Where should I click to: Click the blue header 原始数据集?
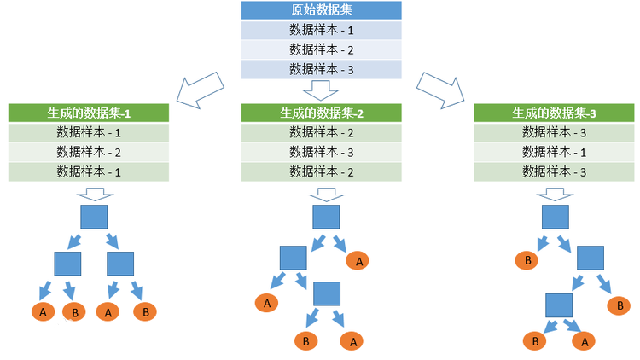click(321, 11)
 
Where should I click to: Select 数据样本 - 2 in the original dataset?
click(321, 49)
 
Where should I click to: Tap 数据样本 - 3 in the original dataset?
click(321, 69)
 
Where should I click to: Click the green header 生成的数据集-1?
click(89, 113)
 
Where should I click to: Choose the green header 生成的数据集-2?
click(321, 113)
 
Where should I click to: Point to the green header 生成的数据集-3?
click(554, 113)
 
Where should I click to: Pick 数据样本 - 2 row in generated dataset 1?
click(89, 152)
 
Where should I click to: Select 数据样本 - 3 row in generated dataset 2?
click(321, 152)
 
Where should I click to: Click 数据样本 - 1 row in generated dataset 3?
click(554, 152)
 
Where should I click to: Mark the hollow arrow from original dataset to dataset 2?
click(321, 90)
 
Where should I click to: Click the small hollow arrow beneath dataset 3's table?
click(555, 194)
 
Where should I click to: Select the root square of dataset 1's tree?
click(94, 217)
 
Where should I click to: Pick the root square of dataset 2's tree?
click(326, 217)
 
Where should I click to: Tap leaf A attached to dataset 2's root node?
click(358, 260)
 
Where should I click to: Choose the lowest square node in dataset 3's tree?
click(559, 305)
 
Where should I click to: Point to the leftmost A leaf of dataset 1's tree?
click(43, 312)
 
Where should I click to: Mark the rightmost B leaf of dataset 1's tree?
click(145, 312)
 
